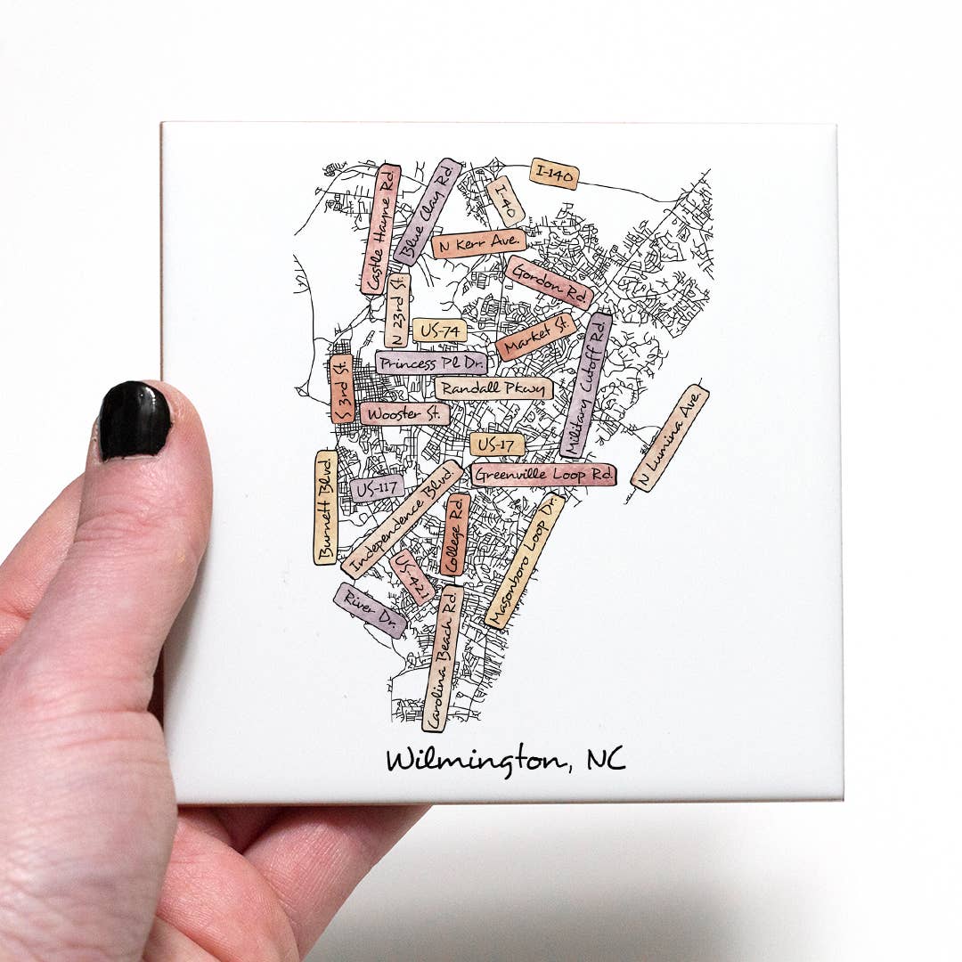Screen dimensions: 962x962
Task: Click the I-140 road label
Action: [x=554, y=174]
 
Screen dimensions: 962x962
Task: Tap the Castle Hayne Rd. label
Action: [x=380, y=230]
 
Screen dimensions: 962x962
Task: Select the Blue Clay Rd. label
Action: [x=428, y=212]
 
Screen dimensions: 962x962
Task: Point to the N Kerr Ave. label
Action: [x=479, y=243]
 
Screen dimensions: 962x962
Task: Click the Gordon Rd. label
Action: [x=549, y=282]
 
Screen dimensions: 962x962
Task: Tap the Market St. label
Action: [x=536, y=336]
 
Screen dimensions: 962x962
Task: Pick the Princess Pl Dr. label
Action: [x=431, y=363]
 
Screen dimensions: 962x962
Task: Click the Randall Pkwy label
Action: [x=493, y=388]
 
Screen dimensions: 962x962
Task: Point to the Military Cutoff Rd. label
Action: [x=587, y=384]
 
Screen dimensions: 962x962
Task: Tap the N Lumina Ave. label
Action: [x=670, y=438]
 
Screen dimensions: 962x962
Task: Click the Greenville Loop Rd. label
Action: [x=543, y=475]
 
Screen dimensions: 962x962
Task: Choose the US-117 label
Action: [x=376, y=488]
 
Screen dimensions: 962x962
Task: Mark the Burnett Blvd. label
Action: [x=325, y=507]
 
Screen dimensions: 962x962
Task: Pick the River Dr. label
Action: [x=370, y=610]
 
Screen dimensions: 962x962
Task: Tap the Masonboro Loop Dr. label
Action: [x=525, y=561]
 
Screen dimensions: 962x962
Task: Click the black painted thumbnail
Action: [x=135, y=420]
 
